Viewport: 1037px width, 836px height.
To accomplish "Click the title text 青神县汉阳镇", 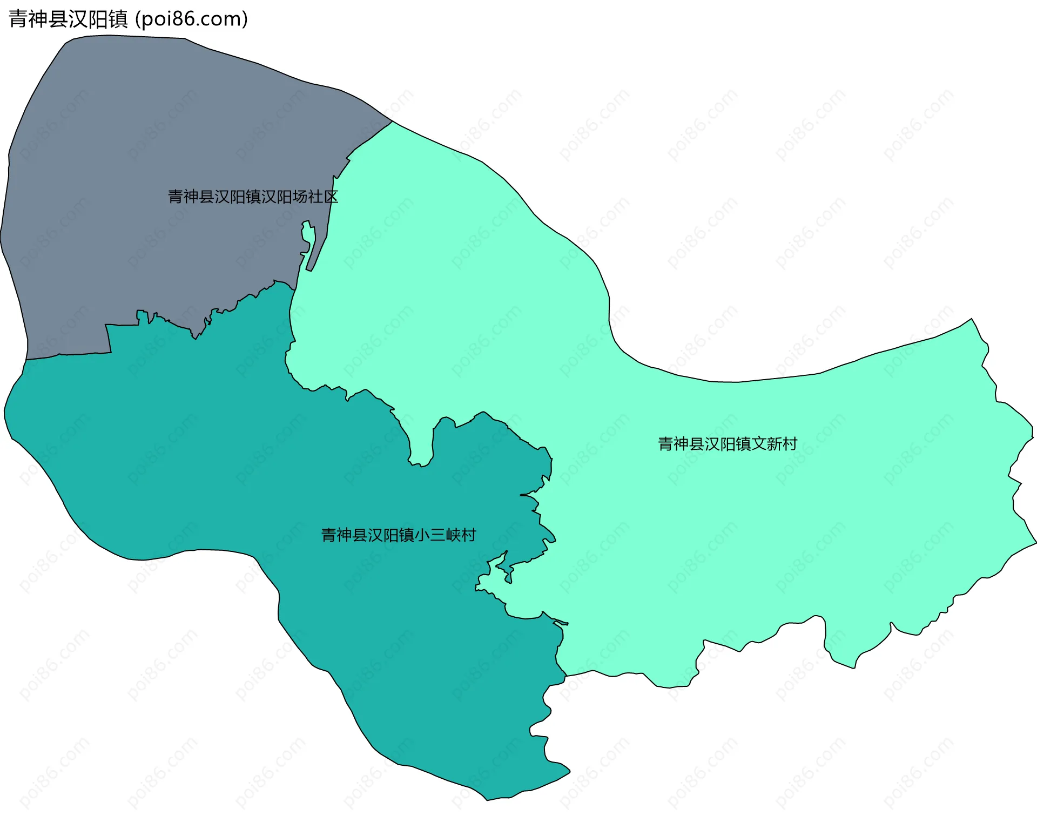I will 68,19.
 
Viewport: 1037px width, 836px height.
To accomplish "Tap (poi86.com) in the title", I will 191,19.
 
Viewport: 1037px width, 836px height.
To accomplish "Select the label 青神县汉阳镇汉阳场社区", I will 253,197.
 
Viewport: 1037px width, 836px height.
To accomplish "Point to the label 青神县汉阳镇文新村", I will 728,444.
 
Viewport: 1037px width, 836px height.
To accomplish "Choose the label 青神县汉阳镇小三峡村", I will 399,535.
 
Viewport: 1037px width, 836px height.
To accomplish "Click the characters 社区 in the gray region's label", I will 323,197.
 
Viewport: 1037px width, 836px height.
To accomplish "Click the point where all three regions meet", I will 295,288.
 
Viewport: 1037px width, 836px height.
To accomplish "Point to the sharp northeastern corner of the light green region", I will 972,319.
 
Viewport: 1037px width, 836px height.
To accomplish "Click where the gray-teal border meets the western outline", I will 26,360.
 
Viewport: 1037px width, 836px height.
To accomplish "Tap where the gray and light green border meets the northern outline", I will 393,122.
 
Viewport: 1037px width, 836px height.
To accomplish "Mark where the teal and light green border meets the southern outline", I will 565,676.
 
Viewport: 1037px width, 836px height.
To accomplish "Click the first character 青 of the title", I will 18,19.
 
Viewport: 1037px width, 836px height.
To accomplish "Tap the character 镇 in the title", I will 118,19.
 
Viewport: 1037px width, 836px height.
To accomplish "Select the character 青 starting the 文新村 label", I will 665,444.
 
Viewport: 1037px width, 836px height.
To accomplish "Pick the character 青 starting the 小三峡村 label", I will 329,535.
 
